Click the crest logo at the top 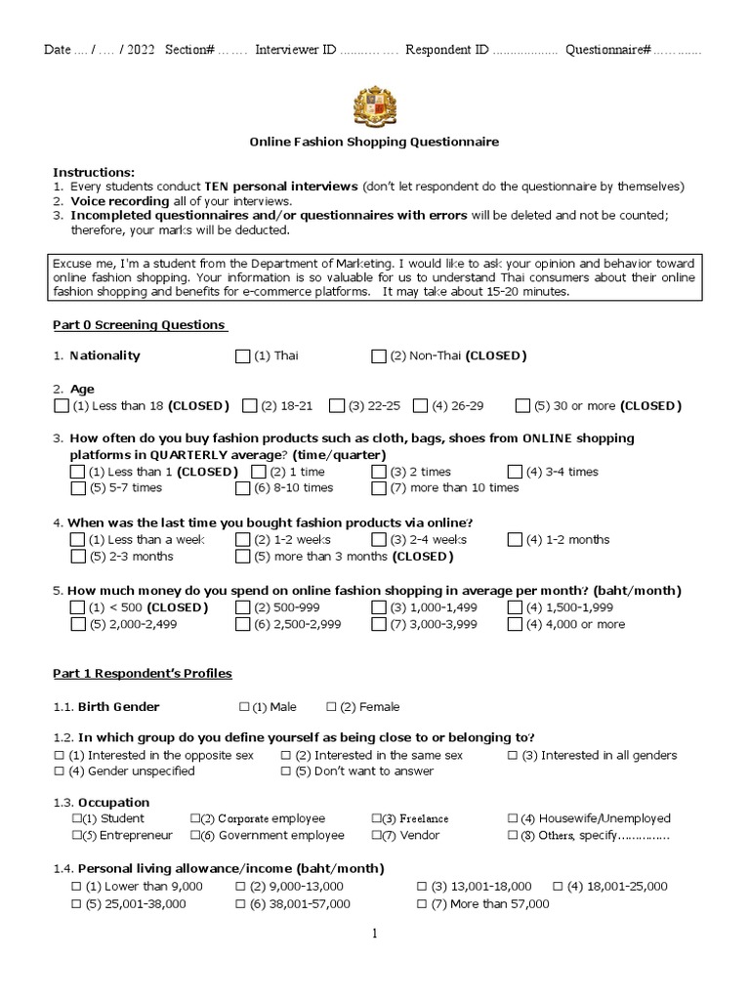click(x=375, y=105)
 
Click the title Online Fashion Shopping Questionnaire click(x=374, y=142)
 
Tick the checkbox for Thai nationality click(x=243, y=356)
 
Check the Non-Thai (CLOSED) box click(x=379, y=356)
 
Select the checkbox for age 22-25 click(x=337, y=405)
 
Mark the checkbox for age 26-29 click(x=421, y=405)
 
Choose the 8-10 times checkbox click(x=243, y=488)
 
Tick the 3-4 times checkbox click(x=515, y=472)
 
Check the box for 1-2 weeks click(x=243, y=540)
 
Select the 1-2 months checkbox click(x=515, y=540)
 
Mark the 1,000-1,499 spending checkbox click(x=379, y=607)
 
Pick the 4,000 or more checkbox click(x=515, y=625)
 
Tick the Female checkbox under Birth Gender click(x=332, y=707)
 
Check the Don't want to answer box click(x=286, y=771)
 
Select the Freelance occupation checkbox click(x=376, y=819)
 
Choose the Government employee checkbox click(x=195, y=836)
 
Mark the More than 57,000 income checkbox click(x=422, y=904)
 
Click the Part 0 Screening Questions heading click(x=140, y=325)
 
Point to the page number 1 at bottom click(x=373, y=934)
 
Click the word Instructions click(x=94, y=172)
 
